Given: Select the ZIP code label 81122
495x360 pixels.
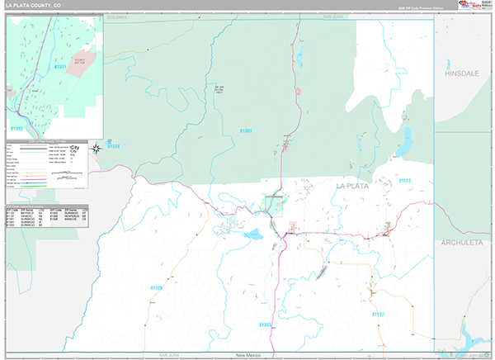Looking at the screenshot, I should (x=403, y=180).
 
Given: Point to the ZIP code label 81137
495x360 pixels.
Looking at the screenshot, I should (x=378, y=315).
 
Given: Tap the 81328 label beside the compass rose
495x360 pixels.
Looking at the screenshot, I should (x=113, y=146).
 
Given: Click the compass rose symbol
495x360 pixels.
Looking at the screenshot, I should (x=97, y=148).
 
